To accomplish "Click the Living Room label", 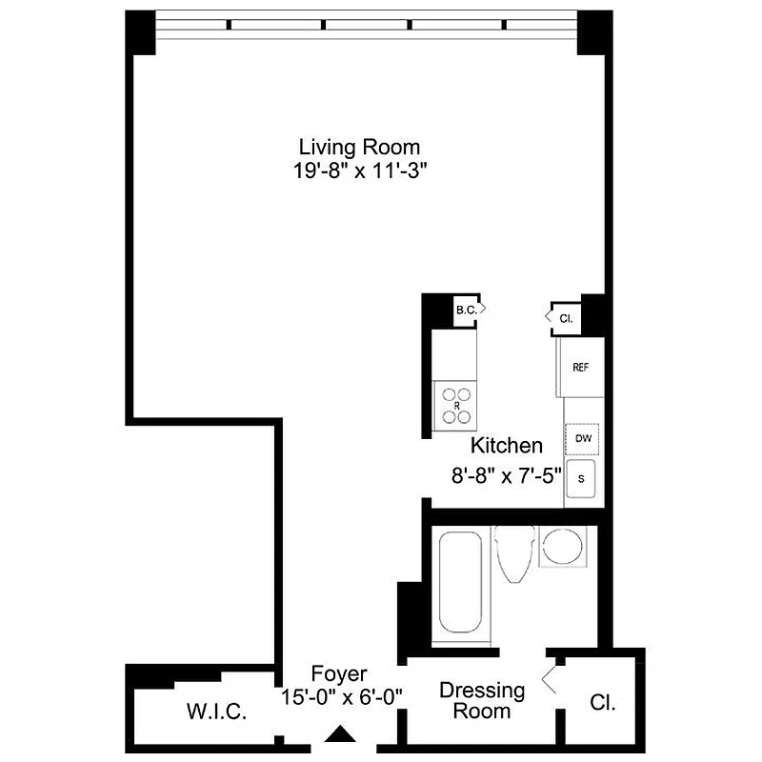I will click(x=359, y=148).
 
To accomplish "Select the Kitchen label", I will click(x=507, y=445).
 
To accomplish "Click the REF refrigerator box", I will click(x=580, y=367).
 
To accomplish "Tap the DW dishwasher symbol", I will click(x=581, y=438).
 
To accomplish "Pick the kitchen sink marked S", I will click(x=581, y=479).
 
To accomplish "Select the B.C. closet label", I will click(x=466, y=311).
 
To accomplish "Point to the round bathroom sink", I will click(x=560, y=547).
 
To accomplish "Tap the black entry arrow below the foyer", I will click(x=340, y=734).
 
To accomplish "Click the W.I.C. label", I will click(x=217, y=711).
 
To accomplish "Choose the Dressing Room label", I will click(x=482, y=700).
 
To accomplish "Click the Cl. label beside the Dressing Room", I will click(x=602, y=704).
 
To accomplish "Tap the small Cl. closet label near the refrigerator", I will click(x=565, y=318).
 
